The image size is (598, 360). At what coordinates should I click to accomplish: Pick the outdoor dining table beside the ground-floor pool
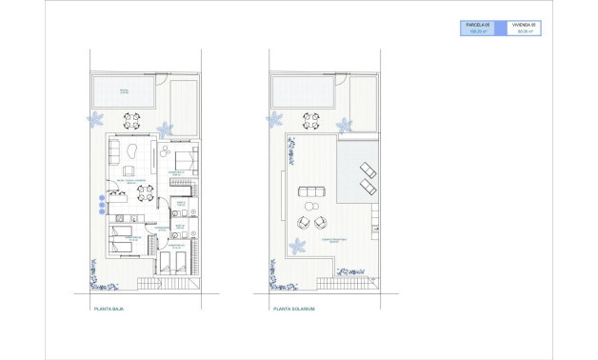tap(133, 121)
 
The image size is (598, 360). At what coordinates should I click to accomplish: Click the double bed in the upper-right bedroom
tap(183, 158)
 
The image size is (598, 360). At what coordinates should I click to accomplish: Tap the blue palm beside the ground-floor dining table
tap(165, 129)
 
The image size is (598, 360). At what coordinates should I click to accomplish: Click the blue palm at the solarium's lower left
tap(297, 247)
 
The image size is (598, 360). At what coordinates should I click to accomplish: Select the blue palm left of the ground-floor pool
tap(95, 119)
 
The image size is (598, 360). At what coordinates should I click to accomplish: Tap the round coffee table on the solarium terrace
tap(309, 206)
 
